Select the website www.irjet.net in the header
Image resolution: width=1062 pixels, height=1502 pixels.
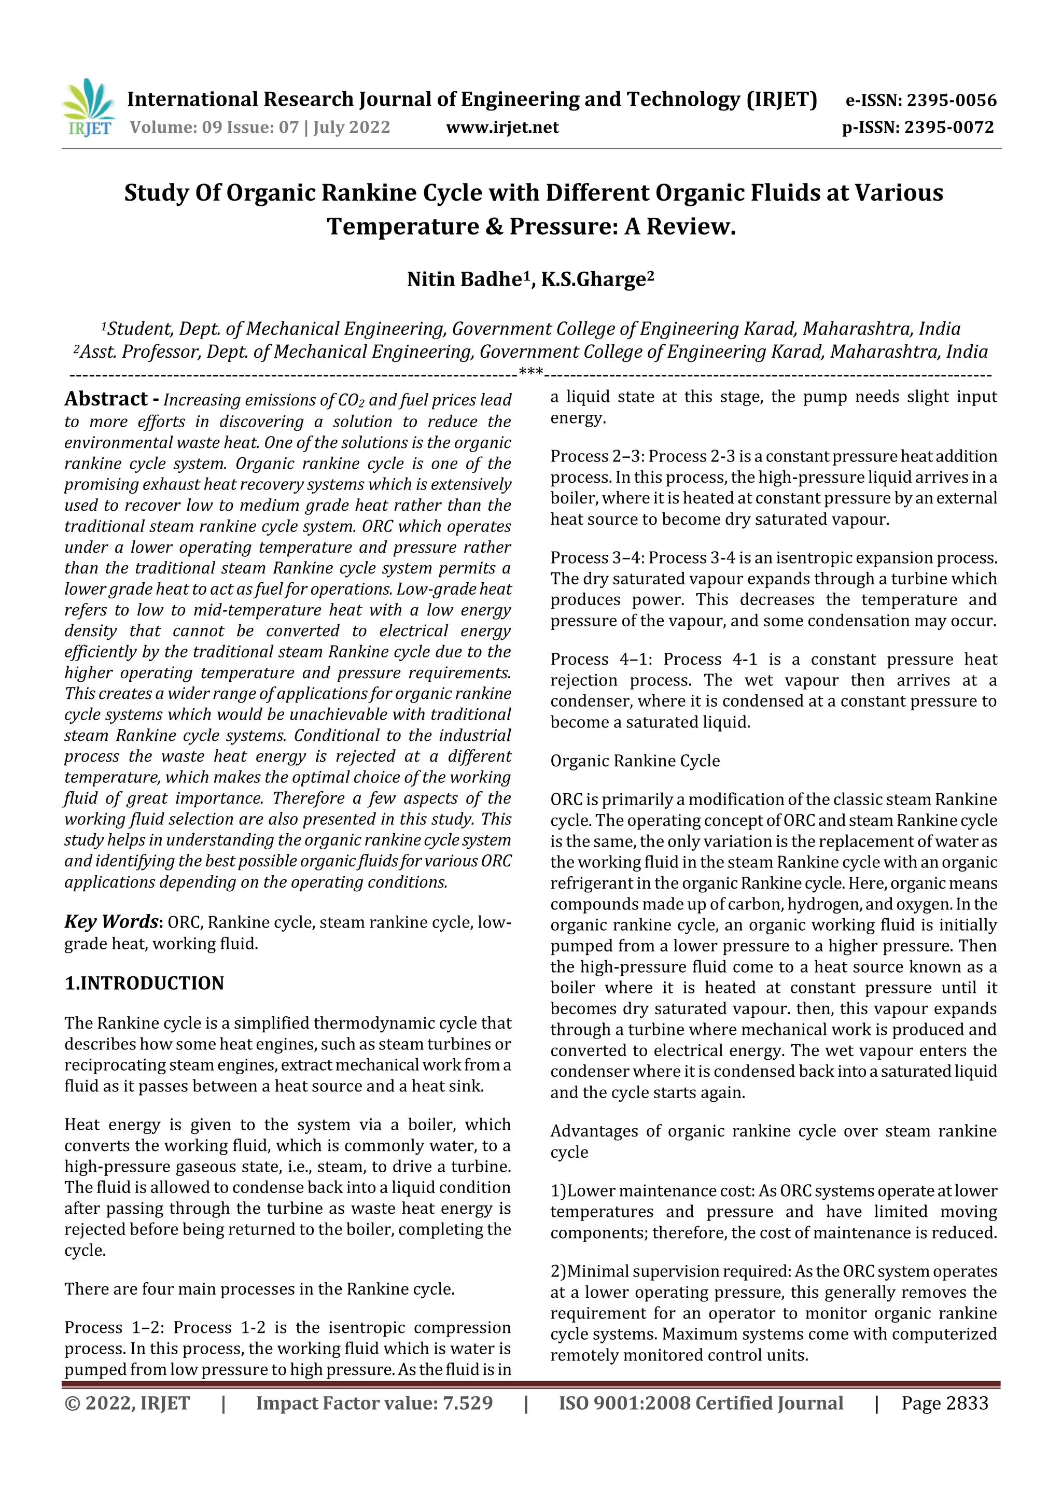pos(502,127)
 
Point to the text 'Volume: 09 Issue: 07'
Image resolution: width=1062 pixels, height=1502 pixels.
pos(214,127)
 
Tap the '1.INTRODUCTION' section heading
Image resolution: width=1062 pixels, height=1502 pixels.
pos(144,983)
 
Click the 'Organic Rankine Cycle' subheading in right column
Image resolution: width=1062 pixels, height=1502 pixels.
pos(635,761)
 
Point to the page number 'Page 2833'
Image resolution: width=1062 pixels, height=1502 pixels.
pos(944,1403)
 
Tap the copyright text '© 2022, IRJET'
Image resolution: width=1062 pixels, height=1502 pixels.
pos(127,1403)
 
